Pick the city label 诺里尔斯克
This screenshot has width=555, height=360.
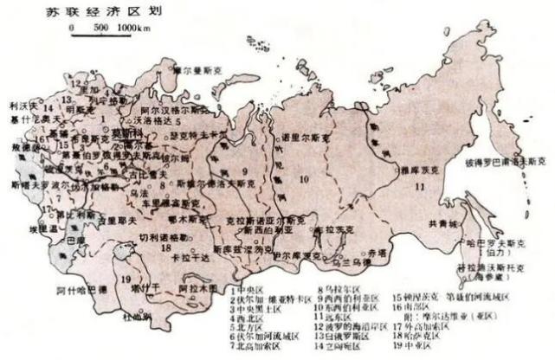302,137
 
